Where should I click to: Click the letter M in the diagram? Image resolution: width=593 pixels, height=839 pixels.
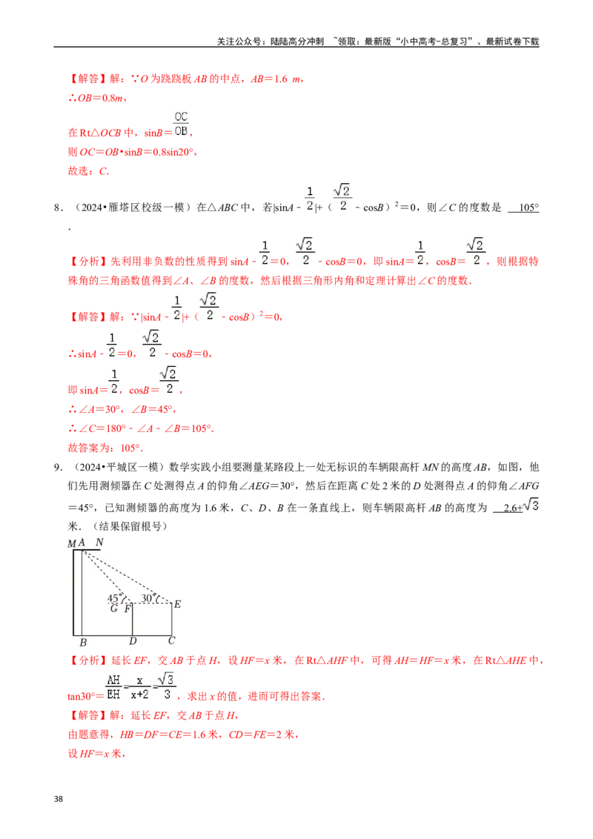pyautogui.click(x=72, y=543)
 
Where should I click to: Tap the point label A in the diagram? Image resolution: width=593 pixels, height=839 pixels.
pyautogui.click(x=82, y=543)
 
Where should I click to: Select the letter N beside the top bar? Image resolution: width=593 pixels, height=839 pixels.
pyautogui.click(x=99, y=542)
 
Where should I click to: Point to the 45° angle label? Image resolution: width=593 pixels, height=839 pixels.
pyautogui.click(x=114, y=598)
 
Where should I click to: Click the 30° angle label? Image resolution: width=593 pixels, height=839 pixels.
pyautogui.click(x=148, y=597)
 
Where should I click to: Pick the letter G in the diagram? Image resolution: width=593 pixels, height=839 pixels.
pyautogui.click(x=113, y=608)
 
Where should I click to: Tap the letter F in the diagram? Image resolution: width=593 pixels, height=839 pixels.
pyautogui.click(x=127, y=608)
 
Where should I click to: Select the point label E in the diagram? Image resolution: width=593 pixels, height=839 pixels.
pyautogui.click(x=177, y=604)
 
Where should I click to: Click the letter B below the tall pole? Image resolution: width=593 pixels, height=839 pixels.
pyautogui.click(x=83, y=642)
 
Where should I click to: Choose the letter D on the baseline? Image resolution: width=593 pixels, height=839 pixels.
pyautogui.click(x=132, y=642)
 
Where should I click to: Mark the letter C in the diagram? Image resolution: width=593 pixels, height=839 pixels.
pyautogui.click(x=171, y=642)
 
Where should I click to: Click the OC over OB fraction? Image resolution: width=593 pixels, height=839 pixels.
pyautogui.click(x=181, y=124)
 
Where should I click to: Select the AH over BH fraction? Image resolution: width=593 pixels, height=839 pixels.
pyautogui.click(x=113, y=687)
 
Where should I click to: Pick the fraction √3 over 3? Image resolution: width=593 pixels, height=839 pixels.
pyautogui.click(x=168, y=687)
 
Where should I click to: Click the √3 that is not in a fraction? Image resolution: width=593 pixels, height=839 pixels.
pyautogui.click(x=533, y=505)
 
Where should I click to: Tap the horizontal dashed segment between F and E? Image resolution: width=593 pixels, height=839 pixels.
pyautogui.click(x=152, y=604)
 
